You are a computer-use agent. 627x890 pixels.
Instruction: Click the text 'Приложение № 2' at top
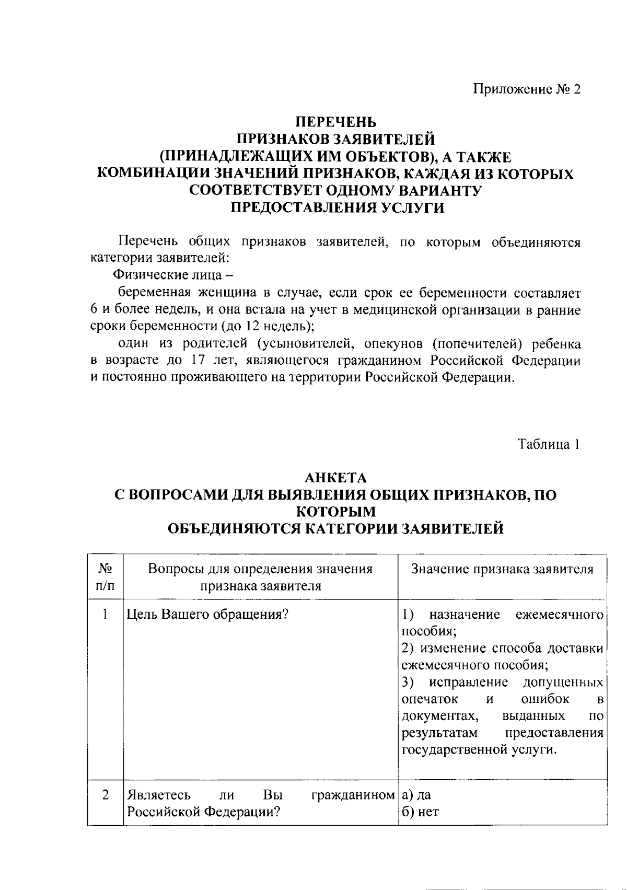(x=527, y=89)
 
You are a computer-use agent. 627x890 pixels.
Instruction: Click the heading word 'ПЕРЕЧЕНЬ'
(x=336, y=122)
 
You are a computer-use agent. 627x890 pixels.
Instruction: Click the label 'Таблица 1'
(x=549, y=444)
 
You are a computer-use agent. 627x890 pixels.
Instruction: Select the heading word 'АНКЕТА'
(x=336, y=478)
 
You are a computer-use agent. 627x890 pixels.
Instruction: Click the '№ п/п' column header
(x=105, y=576)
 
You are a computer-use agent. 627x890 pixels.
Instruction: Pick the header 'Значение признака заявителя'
(x=502, y=569)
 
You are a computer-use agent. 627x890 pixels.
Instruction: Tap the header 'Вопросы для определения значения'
(x=260, y=569)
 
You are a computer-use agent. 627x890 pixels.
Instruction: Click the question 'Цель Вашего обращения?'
(x=208, y=614)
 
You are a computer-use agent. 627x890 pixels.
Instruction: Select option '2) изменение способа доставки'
(x=502, y=649)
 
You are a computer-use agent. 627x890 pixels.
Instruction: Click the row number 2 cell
(x=105, y=795)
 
